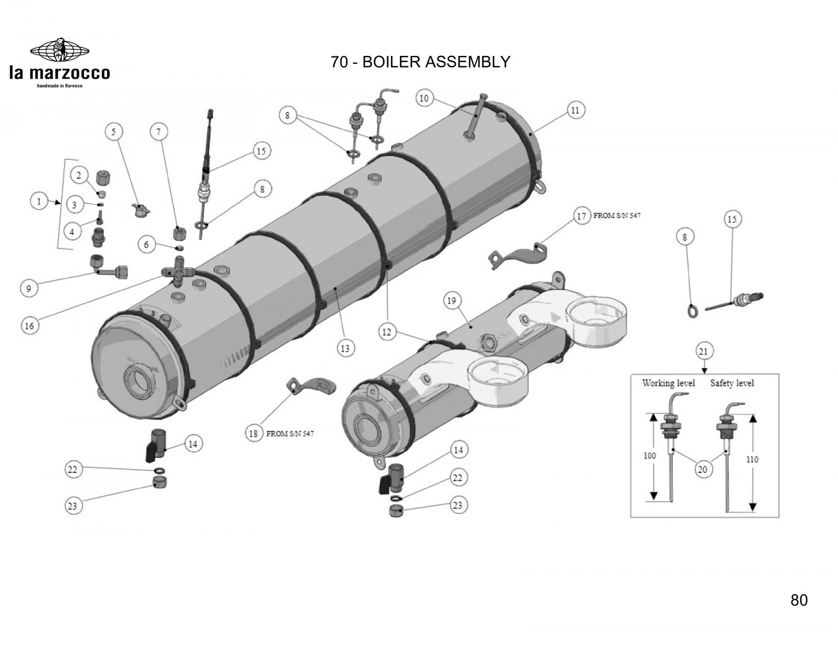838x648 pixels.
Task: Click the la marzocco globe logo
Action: pos(59,51)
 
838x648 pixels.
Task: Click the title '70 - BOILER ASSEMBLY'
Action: pos(420,62)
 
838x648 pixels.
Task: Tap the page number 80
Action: pos(799,600)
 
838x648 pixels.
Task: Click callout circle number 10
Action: pos(424,98)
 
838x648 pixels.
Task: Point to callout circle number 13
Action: pos(345,348)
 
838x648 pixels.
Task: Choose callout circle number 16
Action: pos(30,325)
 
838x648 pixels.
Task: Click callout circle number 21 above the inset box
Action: pos(703,351)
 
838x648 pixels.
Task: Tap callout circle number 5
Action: pos(115,132)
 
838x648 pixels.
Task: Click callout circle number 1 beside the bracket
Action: pos(39,201)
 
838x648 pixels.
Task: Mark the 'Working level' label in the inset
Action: pos(668,384)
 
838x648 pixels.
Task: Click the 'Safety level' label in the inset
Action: pos(732,384)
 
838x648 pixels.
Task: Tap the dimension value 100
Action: pos(649,456)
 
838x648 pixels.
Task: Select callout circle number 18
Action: pos(254,433)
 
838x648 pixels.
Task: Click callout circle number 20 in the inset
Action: pos(702,469)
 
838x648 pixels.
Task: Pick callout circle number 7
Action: pos(159,132)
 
